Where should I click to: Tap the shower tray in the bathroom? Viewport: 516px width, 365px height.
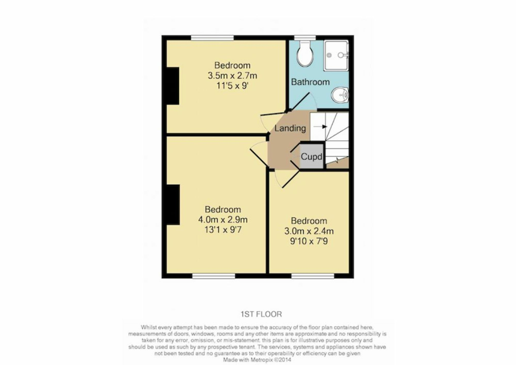(x=336, y=55)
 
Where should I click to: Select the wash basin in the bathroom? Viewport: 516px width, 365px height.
(x=340, y=95)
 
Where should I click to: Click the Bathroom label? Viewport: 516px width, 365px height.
(x=310, y=82)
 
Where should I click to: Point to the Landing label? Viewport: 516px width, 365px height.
(x=290, y=128)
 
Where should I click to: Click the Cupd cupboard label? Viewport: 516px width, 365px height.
(x=311, y=156)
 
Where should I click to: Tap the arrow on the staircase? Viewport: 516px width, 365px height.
(x=320, y=127)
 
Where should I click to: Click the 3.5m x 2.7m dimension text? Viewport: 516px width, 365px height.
(x=232, y=76)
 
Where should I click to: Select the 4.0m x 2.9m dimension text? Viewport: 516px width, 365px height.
(x=223, y=220)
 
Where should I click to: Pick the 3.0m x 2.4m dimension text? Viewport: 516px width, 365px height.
(x=309, y=231)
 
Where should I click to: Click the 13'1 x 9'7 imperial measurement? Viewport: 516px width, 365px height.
(x=223, y=230)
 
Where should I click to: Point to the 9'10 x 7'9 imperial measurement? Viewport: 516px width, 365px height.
(x=309, y=241)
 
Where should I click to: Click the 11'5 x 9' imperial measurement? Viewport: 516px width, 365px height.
(x=232, y=86)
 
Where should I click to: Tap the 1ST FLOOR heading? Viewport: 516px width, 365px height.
(x=261, y=314)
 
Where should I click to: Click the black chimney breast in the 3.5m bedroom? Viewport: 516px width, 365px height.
(x=173, y=86)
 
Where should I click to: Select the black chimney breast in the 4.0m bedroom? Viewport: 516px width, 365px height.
(x=173, y=205)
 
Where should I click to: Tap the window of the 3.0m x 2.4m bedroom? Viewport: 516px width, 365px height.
(x=313, y=276)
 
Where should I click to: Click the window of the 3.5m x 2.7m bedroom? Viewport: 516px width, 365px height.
(x=212, y=38)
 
